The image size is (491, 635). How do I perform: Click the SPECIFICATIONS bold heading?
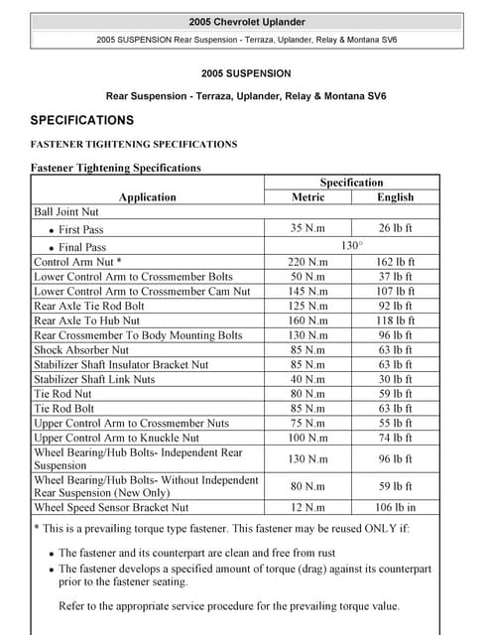(81, 120)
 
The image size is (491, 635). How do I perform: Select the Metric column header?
(307, 196)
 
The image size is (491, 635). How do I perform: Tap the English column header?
(396, 196)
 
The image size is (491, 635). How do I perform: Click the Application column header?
(148, 196)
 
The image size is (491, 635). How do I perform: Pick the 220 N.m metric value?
(307, 262)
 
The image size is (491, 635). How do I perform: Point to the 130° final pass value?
(352, 245)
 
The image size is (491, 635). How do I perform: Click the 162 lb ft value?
(396, 262)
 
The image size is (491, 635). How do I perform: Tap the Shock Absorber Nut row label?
(81, 350)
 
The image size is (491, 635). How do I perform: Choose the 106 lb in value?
(396, 508)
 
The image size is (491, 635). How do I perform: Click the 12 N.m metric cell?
(307, 508)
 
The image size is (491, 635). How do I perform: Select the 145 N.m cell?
(307, 292)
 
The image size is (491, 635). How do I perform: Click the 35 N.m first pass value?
(307, 228)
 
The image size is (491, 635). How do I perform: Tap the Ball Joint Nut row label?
(67, 211)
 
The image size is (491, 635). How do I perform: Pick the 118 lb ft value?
(396, 321)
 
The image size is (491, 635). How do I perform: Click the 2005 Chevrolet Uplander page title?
(246, 21)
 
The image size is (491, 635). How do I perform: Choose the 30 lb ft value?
(396, 379)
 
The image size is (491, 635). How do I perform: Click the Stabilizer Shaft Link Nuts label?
(94, 379)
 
